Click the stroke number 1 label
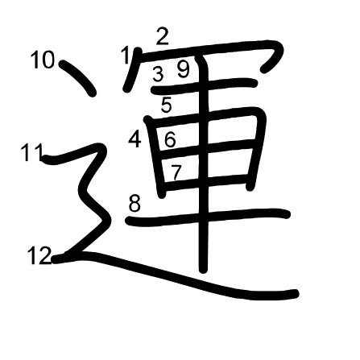(x=126, y=55)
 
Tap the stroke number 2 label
(x=162, y=37)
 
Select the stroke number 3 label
(x=158, y=74)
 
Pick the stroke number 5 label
(x=167, y=105)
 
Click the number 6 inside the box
(x=170, y=139)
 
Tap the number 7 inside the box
(x=176, y=172)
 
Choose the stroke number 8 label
(x=134, y=204)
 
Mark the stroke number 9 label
(x=184, y=69)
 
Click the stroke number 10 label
(x=43, y=60)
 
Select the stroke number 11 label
(x=32, y=152)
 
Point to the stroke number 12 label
(x=39, y=255)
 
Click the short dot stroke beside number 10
(x=78, y=78)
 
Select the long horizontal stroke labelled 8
(x=208, y=217)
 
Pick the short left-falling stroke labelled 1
(x=132, y=70)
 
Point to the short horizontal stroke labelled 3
(x=205, y=86)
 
